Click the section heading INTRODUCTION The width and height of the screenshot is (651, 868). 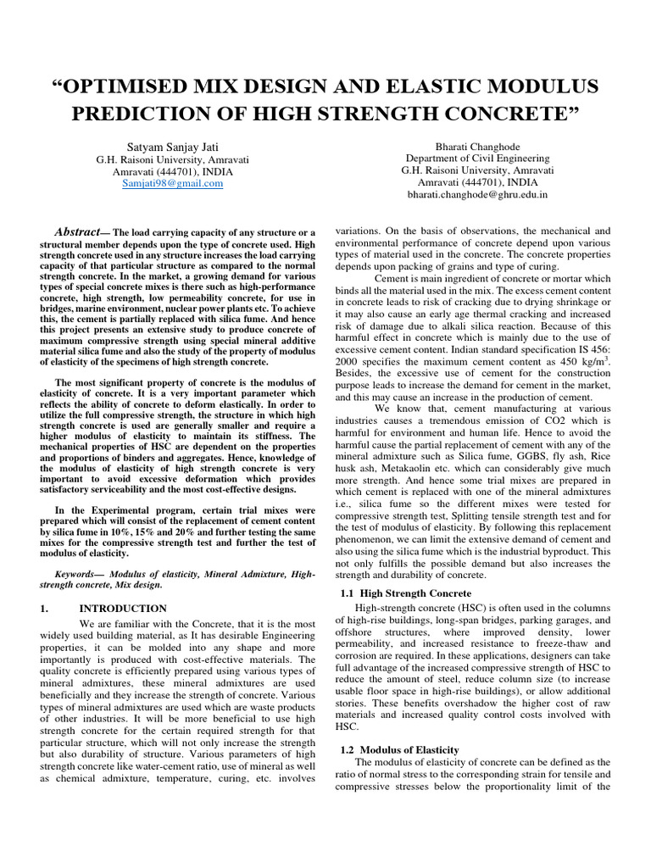click(123, 608)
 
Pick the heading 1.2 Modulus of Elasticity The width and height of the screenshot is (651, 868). click(399, 749)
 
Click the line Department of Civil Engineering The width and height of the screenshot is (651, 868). click(477, 158)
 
